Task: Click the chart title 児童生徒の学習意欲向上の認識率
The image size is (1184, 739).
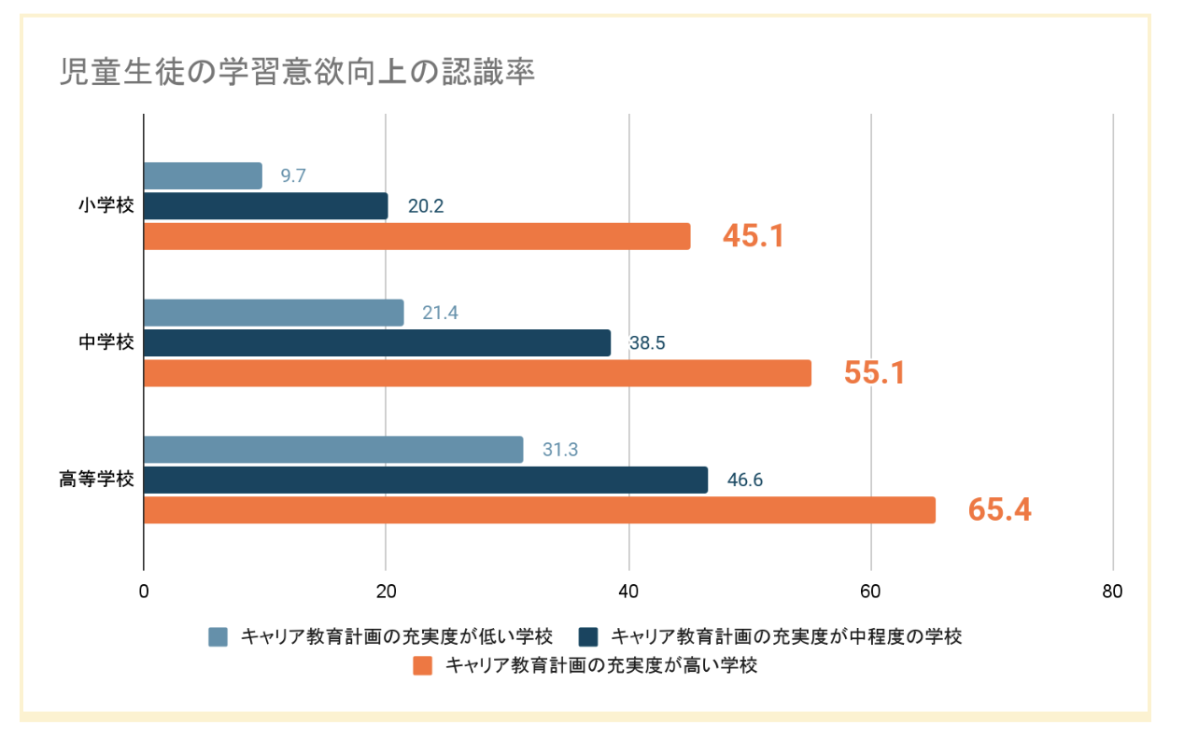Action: point(298,72)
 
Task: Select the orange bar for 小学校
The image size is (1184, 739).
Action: point(416,236)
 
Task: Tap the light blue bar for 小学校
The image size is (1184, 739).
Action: point(203,175)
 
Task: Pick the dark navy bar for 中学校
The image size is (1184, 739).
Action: point(377,342)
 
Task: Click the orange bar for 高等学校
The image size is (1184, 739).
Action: point(540,509)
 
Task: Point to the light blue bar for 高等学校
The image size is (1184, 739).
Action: point(333,450)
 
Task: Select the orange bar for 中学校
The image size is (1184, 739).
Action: point(477,373)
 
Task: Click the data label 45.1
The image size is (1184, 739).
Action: point(754,236)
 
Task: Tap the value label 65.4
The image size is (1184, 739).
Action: point(999,509)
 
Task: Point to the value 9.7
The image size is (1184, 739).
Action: point(293,175)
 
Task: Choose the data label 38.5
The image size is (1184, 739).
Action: point(647,343)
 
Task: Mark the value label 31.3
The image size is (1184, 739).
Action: point(560,450)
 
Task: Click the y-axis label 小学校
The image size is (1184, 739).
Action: point(106,206)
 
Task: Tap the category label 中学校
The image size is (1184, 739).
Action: point(106,342)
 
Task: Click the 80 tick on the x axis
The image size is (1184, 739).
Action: point(1112,592)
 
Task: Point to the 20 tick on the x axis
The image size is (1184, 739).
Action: point(386,592)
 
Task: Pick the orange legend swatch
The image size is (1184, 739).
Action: point(423,666)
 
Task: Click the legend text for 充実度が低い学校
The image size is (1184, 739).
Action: point(398,637)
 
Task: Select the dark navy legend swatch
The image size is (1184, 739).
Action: point(587,637)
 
